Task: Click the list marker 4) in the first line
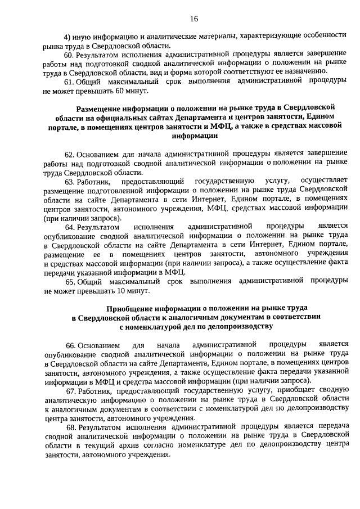[67, 35]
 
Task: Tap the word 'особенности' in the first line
[321, 35]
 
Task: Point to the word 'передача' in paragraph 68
[330, 427]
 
